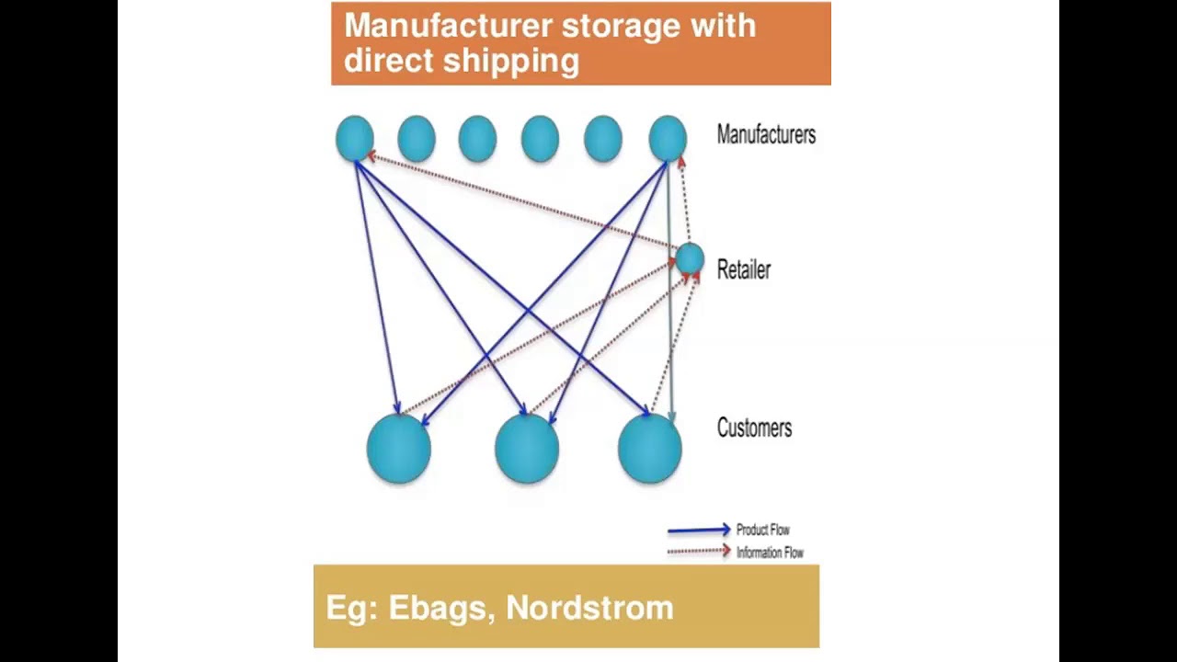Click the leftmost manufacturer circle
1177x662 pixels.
355,138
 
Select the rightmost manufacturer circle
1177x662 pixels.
668,138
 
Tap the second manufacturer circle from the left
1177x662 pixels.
417,139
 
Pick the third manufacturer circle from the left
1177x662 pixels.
477,139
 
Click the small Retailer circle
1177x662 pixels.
690,259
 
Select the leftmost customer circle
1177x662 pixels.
398,449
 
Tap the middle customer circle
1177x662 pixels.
527,449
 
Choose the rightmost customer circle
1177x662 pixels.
650,449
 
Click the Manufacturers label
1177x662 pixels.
766,135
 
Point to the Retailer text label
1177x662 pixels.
744,269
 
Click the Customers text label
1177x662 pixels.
754,428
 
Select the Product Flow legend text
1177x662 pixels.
763,530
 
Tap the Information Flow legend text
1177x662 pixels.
770,553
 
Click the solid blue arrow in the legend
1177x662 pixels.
698,531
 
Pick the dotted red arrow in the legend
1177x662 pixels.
698,552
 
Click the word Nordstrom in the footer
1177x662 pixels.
589,608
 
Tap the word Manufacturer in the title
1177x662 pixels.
448,26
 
